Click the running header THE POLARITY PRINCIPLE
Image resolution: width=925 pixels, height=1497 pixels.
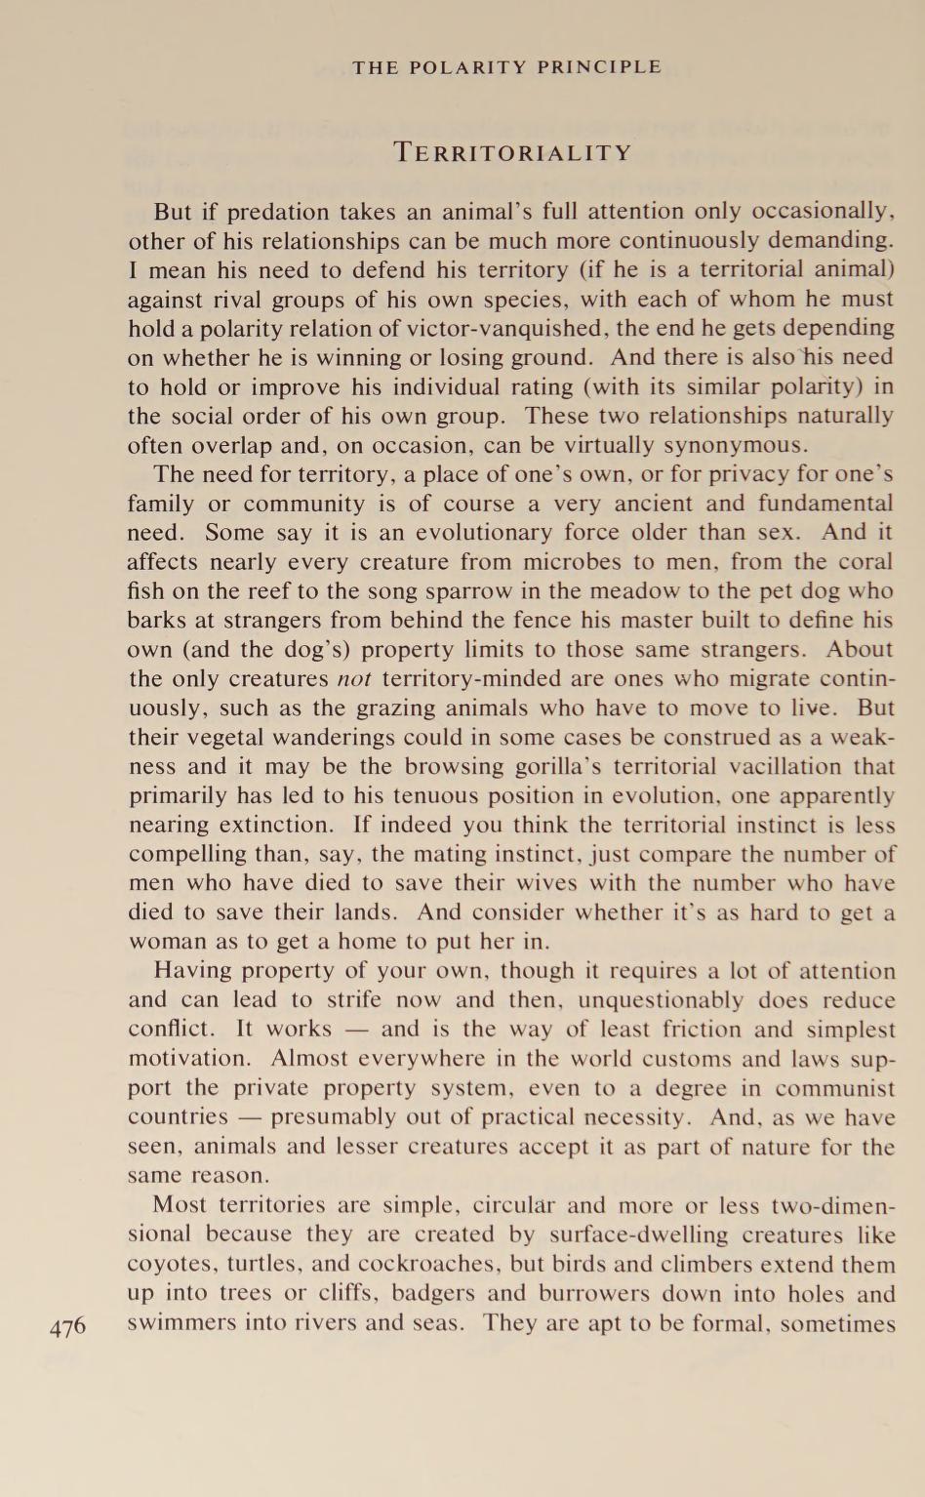506,67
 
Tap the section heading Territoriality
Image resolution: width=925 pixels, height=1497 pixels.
513,153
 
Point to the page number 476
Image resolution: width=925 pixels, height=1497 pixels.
67,1327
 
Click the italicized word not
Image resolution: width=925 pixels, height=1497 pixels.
353,679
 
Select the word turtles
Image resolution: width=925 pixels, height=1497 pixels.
263,1265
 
